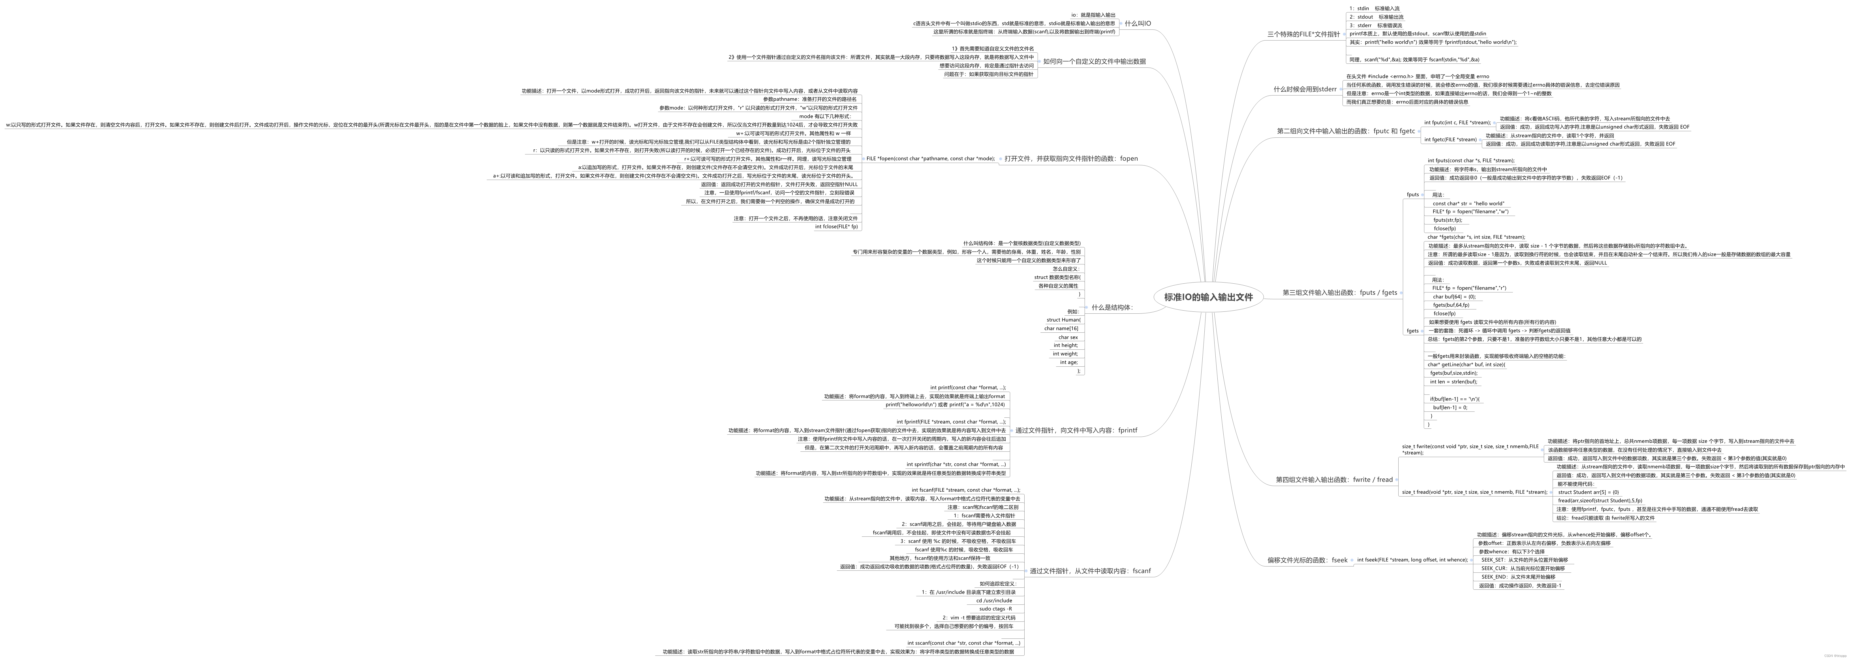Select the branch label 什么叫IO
pos(1138,24)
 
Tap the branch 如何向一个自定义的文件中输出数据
pos(1094,62)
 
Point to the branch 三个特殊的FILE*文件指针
pos(1303,34)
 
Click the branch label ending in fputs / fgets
pos(1339,293)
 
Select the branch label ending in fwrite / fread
pos(1334,479)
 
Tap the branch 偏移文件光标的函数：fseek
pos(1307,560)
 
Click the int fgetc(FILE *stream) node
pos(1450,139)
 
